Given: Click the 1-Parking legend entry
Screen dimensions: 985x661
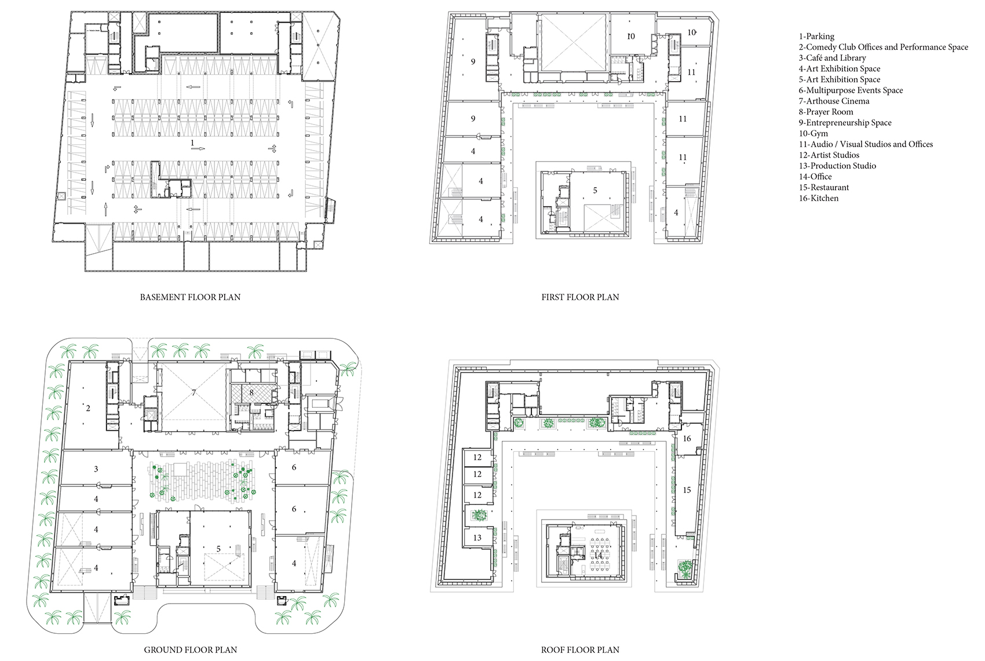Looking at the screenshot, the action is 816,36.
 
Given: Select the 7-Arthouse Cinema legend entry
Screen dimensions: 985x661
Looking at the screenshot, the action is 834,101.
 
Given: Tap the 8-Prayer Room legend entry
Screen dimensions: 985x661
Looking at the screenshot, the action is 826,112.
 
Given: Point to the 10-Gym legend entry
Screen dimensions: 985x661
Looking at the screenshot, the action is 813,134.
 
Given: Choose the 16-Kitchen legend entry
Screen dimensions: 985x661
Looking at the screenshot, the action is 819,198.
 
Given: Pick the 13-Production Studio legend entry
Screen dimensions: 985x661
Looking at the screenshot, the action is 837,166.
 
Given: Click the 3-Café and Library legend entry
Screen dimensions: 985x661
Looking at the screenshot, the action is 833,58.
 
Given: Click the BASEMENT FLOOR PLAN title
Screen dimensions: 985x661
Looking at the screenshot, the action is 191,297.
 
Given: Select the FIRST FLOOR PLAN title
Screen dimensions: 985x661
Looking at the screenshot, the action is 580,297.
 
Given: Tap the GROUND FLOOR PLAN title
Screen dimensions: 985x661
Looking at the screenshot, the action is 191,650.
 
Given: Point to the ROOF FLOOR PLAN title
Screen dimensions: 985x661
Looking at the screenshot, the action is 580,650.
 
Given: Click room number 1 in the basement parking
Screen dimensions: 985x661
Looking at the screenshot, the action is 192,143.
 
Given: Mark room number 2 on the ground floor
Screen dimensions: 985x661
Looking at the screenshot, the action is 88,408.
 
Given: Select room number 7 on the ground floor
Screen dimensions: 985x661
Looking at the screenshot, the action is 194,393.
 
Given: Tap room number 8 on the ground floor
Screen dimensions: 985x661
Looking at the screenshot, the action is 251,393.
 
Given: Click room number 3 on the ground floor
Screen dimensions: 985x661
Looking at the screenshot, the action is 96,469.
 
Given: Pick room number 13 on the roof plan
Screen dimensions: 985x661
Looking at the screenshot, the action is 477,538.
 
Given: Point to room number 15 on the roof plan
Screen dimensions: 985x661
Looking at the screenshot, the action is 687,490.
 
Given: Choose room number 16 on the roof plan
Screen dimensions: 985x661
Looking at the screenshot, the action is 687,439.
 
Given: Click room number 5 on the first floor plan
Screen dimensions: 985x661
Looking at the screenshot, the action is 595,191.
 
